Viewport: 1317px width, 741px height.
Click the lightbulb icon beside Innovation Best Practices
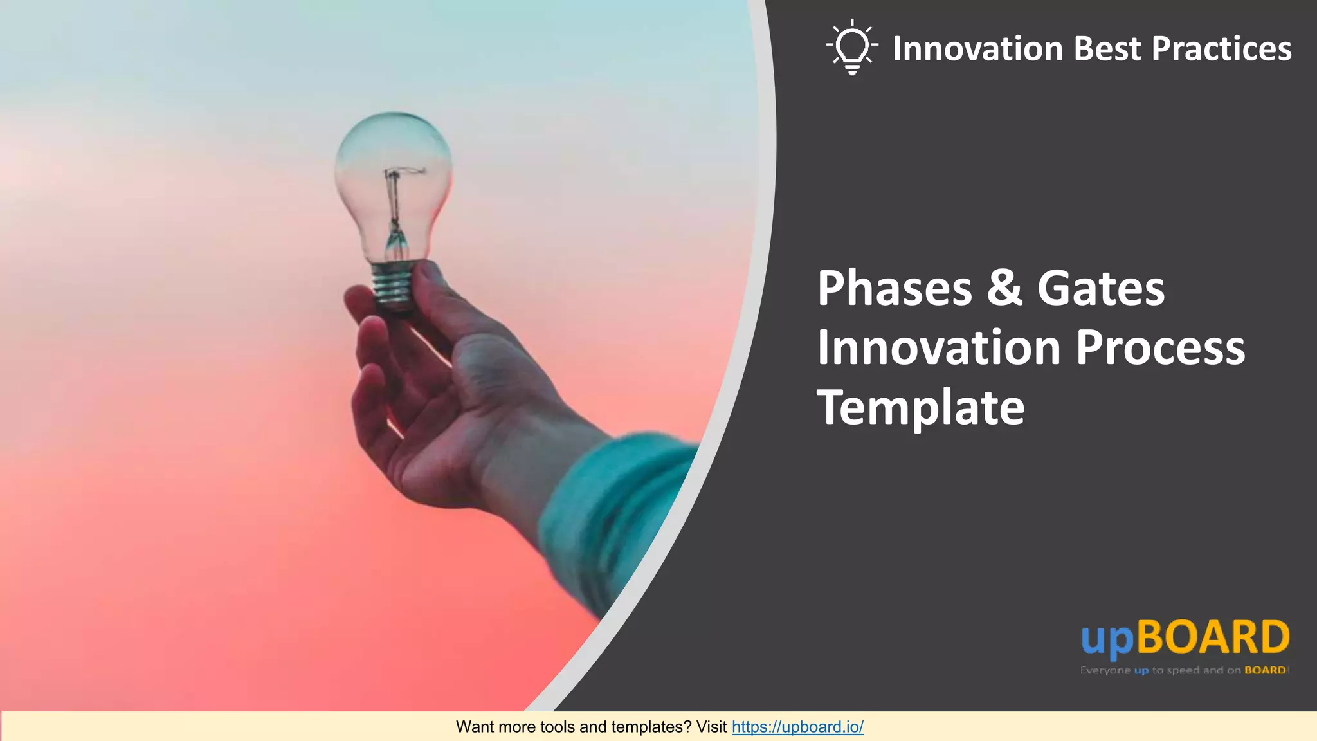(852, 47)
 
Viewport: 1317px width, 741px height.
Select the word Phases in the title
(895, 288)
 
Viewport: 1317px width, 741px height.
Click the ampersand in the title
(1004, 288)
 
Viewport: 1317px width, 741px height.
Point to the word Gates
(1100, 288)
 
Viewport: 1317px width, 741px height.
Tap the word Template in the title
(920, 408)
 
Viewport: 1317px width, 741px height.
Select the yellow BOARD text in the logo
(1213, 637)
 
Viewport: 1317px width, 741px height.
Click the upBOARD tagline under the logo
(1185, 670)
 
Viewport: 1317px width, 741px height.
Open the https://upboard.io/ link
(797, 727)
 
